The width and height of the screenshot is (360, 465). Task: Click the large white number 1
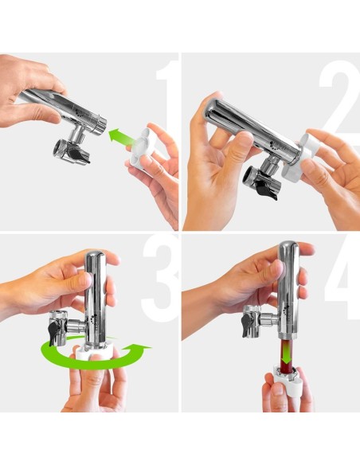pos(166,98)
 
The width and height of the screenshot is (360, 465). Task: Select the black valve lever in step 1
pos(78,154)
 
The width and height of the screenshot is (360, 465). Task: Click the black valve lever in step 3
pos(54,334)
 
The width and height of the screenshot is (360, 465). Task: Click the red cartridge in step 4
pos(286,356)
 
